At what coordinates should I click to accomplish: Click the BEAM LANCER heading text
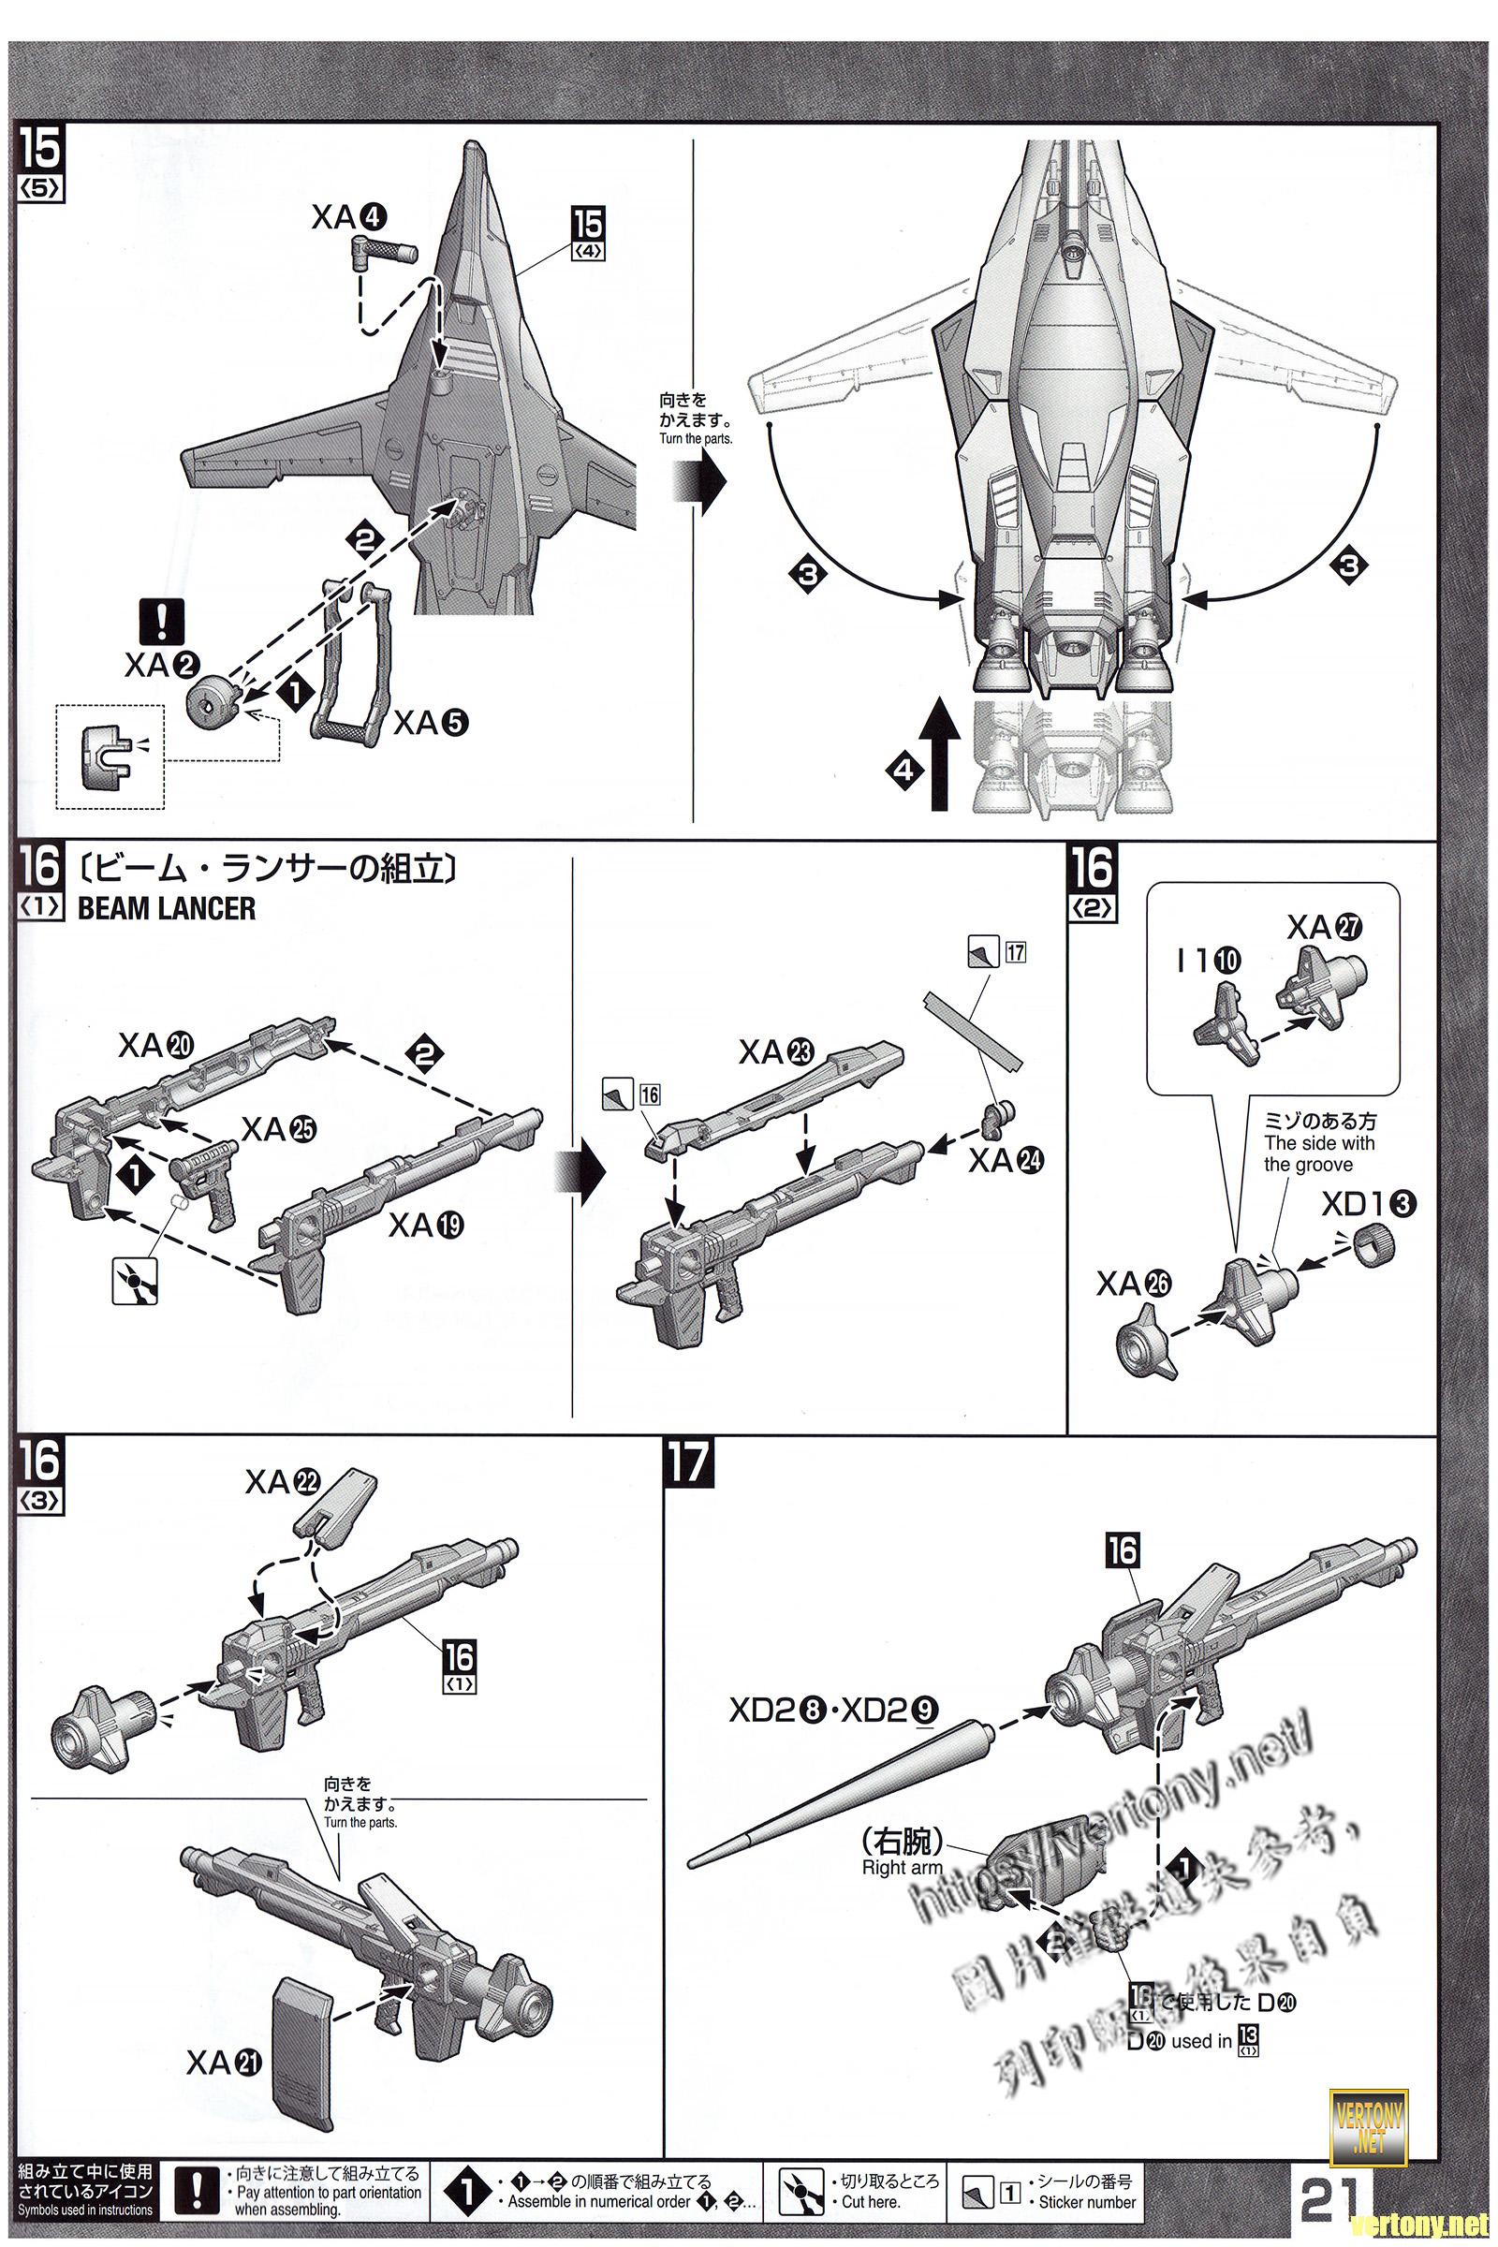pyautogui.click(x=167, y=908)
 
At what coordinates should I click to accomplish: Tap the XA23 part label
pyautogui.click(x=776, y=1052)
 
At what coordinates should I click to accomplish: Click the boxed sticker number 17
pyautogui.click(x=1015, y=951)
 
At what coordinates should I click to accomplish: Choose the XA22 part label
pyautogui.click(x=281, y=1482)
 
